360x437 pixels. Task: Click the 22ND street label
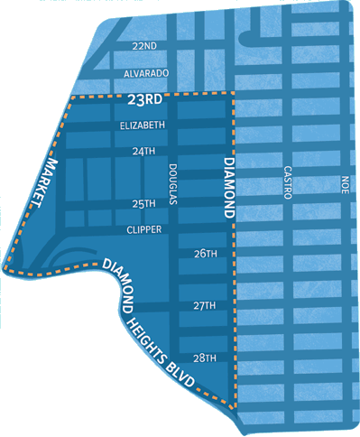click(x=143, y=45)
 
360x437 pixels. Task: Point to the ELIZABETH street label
click(x=143, y=125)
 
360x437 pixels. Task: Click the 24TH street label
click(x=143, y=151)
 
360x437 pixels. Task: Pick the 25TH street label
click(x=143, y=204)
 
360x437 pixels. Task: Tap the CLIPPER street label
click(x=143, y=229)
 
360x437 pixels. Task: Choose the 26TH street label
click(x=205, y=255)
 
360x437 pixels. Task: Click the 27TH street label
click(x=205, y=306)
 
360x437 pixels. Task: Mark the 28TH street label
click(x=205, y=358)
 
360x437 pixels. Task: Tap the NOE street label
click(x=344, y=185)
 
